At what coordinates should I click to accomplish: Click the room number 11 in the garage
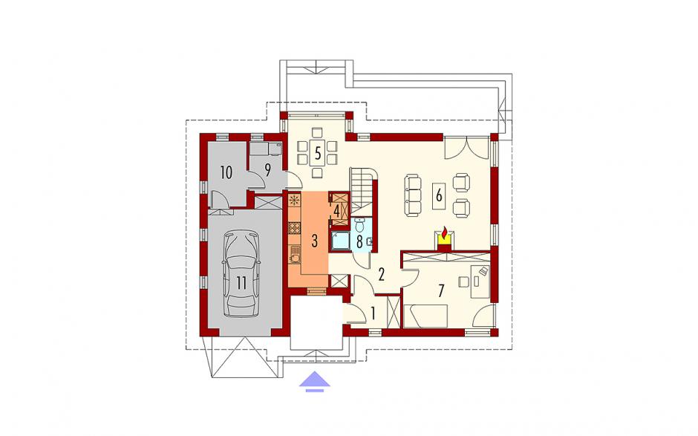click(241, 283)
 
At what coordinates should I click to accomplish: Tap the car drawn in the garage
click(241, 273)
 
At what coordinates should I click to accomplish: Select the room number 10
click(226, 172)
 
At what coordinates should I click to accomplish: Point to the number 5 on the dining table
click(317, 153)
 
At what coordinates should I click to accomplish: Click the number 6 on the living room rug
click(439, 195)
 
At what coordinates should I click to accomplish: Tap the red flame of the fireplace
click(445, 232)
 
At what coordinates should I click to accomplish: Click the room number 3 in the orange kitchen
click(314, 241)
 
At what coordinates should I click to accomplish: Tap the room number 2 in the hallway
click(381, 274)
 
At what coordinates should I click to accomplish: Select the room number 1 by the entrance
click(373, 313)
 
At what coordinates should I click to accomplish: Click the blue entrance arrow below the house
click(315, 381)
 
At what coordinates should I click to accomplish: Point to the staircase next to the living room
click(363, 189)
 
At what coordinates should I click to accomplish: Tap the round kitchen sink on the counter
click(295, 258)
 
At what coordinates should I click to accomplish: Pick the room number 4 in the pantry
click(337, 211)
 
